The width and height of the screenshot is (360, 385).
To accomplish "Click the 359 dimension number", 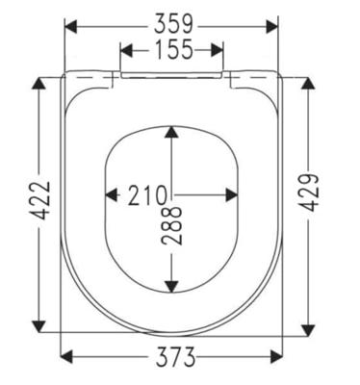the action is [173, 24].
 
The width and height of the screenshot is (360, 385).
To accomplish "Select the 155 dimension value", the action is [174, 50].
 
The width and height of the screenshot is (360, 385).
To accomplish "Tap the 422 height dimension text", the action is [41, 200].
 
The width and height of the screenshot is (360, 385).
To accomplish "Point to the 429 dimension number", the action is [310, 192].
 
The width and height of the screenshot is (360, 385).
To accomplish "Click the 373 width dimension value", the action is [175, 356].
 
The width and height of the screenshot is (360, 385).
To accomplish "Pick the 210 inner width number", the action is [148, 195].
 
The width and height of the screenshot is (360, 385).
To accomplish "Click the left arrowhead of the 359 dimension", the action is [71, 26].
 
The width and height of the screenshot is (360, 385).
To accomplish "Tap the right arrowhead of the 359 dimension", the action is [272, 26].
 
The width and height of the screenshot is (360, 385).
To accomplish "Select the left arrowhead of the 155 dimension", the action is [126, 50].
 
